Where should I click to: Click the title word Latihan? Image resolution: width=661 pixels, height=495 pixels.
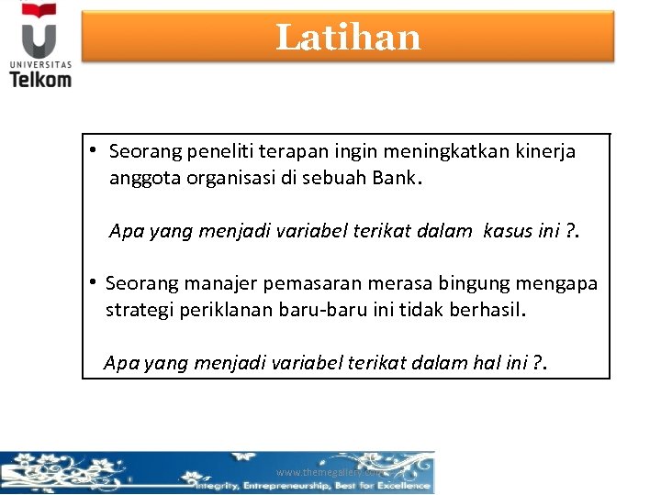[x=348, y=38]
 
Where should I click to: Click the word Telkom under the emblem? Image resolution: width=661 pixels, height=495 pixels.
[x=40, y=78]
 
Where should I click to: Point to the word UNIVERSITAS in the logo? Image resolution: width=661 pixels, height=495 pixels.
[x=39, y=63]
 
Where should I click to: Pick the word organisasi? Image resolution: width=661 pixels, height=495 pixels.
[x=233, y=178]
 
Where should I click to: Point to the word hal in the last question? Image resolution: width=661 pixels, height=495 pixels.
[x=484, y=363]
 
